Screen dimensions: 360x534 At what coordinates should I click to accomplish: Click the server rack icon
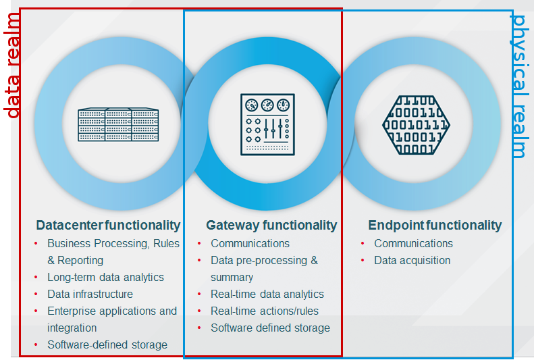pos(118,125)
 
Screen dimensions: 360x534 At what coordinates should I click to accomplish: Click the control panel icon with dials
pos(267,124)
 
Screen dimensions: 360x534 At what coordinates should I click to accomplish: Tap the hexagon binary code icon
pos(416,124)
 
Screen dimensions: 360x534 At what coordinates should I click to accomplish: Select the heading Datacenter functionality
pos(108,225)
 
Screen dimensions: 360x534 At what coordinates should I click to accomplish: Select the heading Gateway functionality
pos(271,225)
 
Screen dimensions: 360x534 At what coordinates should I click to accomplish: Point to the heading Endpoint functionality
pos(435,225)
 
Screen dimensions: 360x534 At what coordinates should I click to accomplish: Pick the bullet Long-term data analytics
pos(105,277)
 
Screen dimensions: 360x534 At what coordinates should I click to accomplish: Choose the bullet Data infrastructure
pos(90,294)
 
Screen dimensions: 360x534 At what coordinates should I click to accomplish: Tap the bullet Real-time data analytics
pos(267,294)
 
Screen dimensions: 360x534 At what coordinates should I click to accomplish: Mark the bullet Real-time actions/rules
pos(265,311)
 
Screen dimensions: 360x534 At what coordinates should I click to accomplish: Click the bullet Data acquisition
pos(412,260)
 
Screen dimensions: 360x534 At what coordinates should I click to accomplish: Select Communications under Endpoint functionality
pos(413,243)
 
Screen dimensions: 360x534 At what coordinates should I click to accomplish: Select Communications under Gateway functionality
pos(250,243)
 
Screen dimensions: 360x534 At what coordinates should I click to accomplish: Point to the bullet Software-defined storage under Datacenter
pos(107,344)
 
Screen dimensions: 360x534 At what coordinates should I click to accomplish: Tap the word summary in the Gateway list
pos(232,277)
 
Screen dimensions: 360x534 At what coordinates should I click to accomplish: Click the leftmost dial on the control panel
pos(251,105)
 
